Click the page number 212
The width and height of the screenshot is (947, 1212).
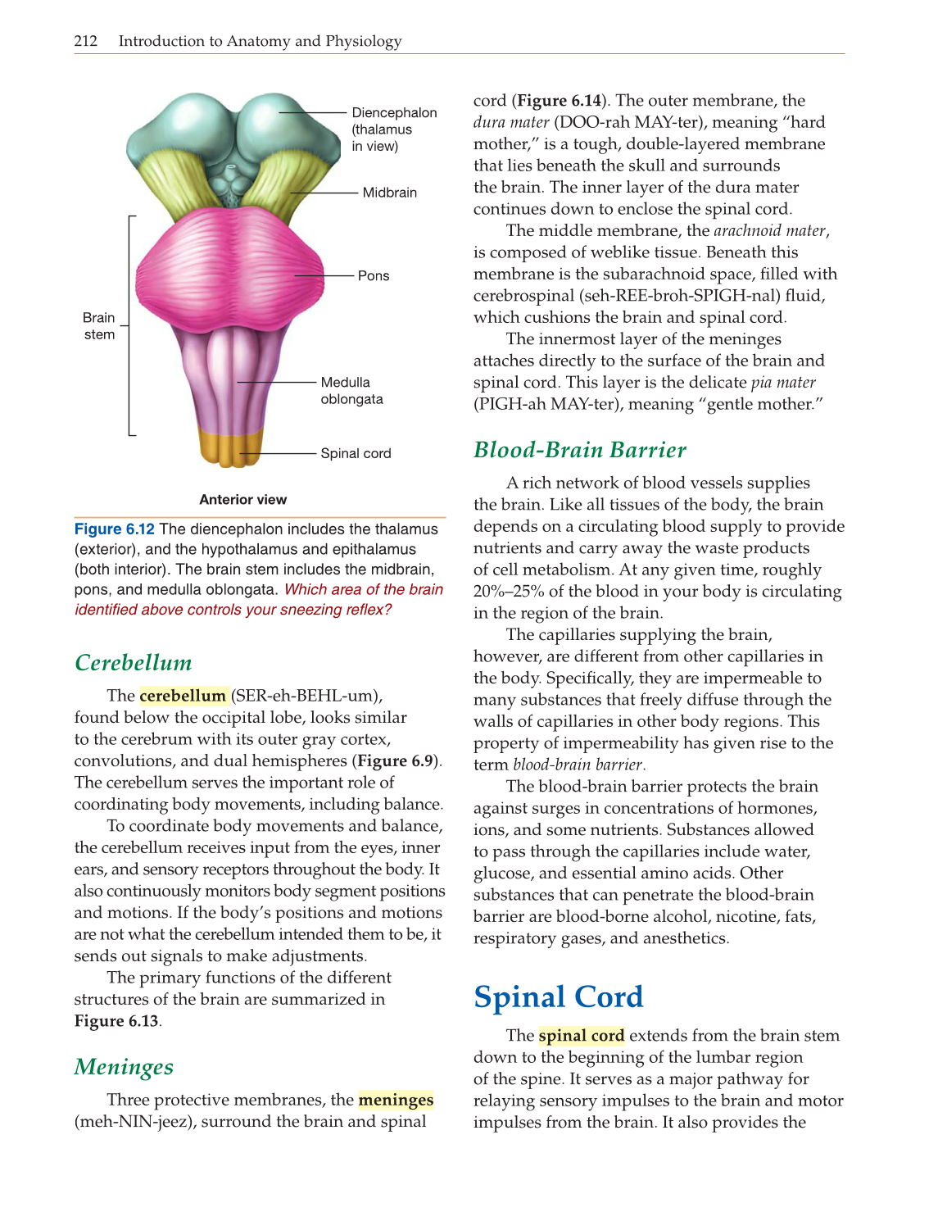pos(85,41)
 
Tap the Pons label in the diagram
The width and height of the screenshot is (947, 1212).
pos(374,276)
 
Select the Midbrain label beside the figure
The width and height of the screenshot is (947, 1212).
pos(390,193)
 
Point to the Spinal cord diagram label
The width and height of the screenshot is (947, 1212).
pos(356,453)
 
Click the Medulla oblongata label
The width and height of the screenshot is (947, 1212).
pos(351,391)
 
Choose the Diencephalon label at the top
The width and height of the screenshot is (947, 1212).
pos(394,113)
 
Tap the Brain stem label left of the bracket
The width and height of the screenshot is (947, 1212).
pos(99,326)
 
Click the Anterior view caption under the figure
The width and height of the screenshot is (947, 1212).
pos(243,500)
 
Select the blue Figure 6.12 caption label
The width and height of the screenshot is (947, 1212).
pos(115,529)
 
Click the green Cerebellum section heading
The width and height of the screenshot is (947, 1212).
pos(134,663)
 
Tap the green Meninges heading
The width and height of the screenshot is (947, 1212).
pos(124,1067)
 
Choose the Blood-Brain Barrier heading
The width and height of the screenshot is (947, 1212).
pos(580,450)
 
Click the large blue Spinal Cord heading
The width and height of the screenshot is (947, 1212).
pos(559,997)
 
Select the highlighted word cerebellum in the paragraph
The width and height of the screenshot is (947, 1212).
pos(183,696)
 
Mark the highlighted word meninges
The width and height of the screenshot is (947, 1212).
pos(396,1100)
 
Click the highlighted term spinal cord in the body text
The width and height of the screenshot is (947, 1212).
pos(582,1036)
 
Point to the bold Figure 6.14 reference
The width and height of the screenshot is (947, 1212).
pos(560,101)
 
